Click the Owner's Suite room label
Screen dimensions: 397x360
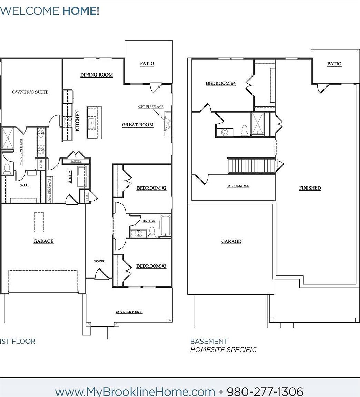(x=30, y=92)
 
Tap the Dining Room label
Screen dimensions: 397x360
(x=96, y=75)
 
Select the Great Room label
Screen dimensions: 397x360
(x=137, y=125)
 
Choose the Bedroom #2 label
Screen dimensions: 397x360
(x=151, y=188)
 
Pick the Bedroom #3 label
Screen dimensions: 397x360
(x=151, y=266)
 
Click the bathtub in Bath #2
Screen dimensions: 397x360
(x=165, y=226)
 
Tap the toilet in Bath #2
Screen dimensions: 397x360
(x=152, y=233)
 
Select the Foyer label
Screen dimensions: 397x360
(x=100, y=261)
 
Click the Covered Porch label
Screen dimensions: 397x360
(x=129, y=312)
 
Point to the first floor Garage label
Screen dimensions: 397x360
(x=43, y=241)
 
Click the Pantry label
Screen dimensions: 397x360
(x=75, y=161)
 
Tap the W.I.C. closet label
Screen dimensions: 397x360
(x=24, y=185)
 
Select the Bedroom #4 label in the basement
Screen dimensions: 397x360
(x=220, y=83)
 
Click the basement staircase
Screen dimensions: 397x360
(x=251, y=165)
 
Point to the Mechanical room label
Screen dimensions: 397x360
(x=238, y=186)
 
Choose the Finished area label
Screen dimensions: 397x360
(x=310, y=188)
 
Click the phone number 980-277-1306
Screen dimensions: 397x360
(x=265, y=391)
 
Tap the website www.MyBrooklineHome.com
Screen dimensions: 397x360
(x=135, y=391)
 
